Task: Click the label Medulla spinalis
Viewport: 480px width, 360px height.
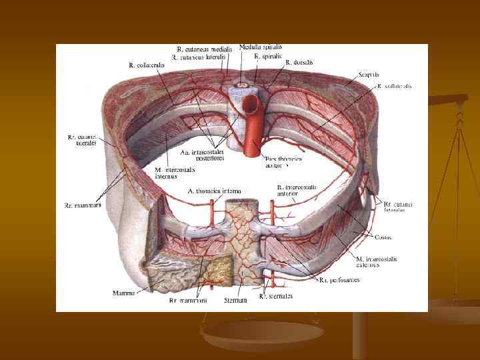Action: click(x=260, y=47)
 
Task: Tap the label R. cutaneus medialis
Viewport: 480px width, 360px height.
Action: click(x=205, y=49)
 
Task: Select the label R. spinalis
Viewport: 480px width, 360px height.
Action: click(x=267, y=57)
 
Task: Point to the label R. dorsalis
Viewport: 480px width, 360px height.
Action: click(x=299, y=63)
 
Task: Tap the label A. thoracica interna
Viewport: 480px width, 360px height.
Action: click(x=214, y=191)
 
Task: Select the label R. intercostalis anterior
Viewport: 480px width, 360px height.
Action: click(x=297, y=191)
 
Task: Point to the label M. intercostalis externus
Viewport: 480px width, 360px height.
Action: click(x=377, y=261)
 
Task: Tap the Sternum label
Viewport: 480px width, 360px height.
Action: click(x=236, y=301)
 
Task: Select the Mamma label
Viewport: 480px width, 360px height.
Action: click(x=124, y=292)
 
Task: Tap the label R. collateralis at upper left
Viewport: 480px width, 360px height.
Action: click(x=142, y=65)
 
